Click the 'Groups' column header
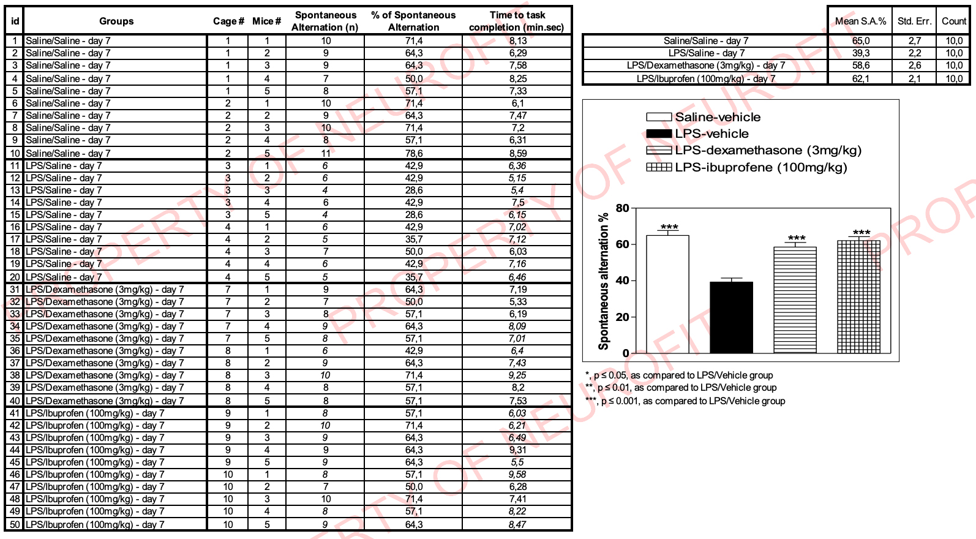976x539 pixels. tap(116, 21)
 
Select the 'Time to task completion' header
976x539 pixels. tap(517, 21)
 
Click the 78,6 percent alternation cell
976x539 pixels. tap(414, 153)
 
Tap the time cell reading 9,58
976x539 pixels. tap(517, 474)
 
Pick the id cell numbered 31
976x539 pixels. tap(15, 289)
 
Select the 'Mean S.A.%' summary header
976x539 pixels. tap(860, 21)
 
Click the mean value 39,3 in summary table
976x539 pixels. tap(860, 53)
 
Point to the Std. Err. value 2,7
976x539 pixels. tap(914, 40)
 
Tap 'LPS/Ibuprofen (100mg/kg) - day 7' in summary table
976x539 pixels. tap(706, 78)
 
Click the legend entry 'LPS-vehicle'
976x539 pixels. tap(711, 134)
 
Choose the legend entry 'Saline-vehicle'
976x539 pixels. tap(718, 117)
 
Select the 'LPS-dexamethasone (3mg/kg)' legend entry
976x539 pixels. tap(768, 150)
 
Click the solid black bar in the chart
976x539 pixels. tap(731, 317)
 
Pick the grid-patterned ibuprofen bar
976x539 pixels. tap(858, 296)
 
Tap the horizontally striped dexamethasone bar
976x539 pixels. tap(795, 300)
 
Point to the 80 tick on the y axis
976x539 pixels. tap(622, 208)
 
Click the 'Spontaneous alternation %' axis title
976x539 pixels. tap(604, 281)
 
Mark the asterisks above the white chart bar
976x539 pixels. tap(669, 227)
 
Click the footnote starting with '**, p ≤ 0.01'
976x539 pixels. tap(681, 388)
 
